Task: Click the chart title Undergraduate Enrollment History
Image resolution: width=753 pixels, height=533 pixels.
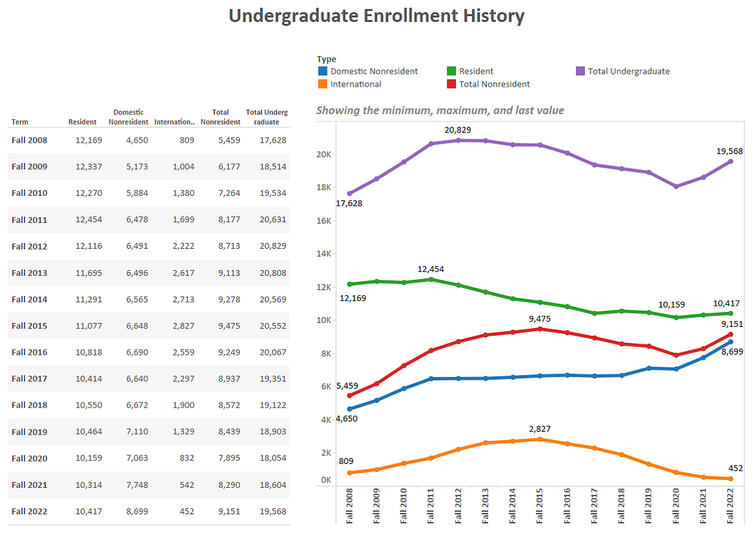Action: [376, 16]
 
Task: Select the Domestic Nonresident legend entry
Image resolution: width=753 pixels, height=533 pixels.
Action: [373, 71]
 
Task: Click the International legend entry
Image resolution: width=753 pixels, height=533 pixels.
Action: [355, 84]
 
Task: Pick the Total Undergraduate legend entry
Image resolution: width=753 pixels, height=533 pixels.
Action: [628, 71]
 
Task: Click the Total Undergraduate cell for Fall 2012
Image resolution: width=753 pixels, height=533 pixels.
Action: [270, 246]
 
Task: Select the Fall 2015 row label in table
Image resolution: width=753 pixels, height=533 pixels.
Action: [29, 326]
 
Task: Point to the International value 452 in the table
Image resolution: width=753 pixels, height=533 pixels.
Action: [186, 511]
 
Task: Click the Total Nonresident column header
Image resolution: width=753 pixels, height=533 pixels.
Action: [220, 117]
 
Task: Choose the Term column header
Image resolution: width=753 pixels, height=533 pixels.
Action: [20, 121]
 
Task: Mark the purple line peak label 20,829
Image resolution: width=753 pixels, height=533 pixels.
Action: [457, 130]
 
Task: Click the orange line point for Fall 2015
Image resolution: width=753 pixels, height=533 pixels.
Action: [539, 439]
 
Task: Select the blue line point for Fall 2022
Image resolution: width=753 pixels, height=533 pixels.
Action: [730, 342]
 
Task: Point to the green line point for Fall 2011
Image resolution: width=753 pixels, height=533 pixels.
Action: [431, 279]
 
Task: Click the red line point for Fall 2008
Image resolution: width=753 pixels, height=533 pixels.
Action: [349, 395]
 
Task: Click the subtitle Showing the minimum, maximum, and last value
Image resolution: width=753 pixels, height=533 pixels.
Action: [440, 110]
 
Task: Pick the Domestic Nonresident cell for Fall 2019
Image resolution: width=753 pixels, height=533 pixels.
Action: [137, 432]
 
